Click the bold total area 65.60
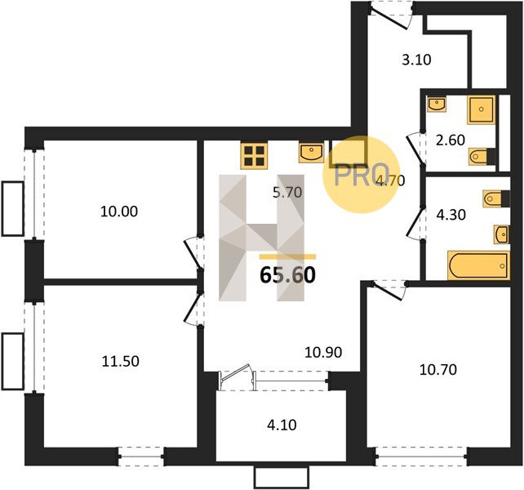287,275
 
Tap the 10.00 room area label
119,212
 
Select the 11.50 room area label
120,362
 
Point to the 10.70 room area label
437,370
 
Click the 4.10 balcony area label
282,425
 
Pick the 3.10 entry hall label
416,60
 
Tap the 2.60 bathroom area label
451,140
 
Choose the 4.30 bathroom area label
451,215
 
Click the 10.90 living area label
323,352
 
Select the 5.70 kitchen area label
287,193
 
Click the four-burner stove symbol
254,156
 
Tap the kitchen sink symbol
311,153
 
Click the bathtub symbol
478,265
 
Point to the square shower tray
482,109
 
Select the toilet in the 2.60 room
482,157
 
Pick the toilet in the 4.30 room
496,198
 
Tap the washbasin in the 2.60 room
437,104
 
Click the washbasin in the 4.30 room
501,234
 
